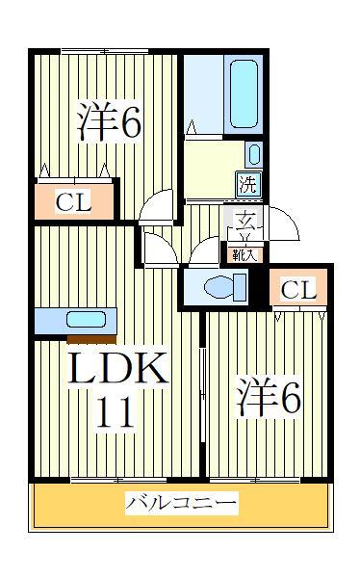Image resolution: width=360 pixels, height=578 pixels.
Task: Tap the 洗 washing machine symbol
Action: coord(248,180)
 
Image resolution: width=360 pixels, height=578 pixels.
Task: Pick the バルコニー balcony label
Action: coord(181,503)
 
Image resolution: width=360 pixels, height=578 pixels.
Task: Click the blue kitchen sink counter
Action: coord(75,320)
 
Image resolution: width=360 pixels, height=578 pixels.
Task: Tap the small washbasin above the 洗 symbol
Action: coord(252,152)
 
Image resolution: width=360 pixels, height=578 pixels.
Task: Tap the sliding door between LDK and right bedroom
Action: coord(202,385)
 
